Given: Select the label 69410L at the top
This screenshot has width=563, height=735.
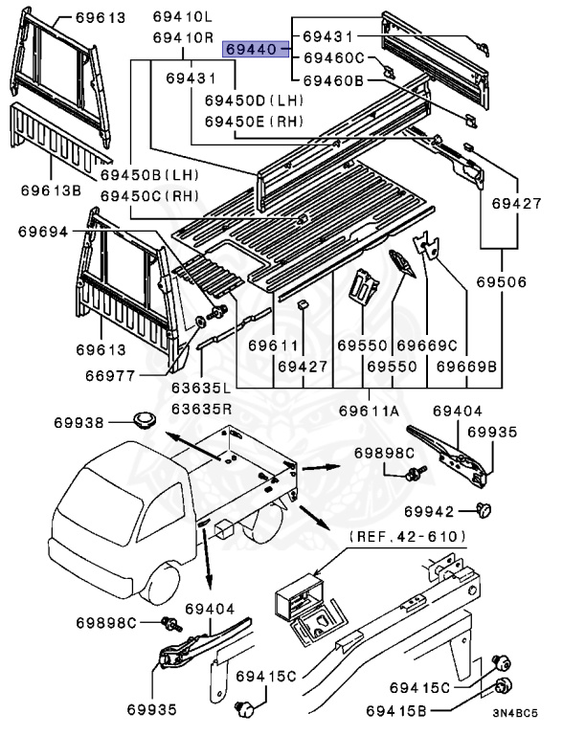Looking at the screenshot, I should point(182,17).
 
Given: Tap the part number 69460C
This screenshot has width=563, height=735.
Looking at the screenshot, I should point(334,57).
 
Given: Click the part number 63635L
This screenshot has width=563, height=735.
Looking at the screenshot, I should point(201,389).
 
